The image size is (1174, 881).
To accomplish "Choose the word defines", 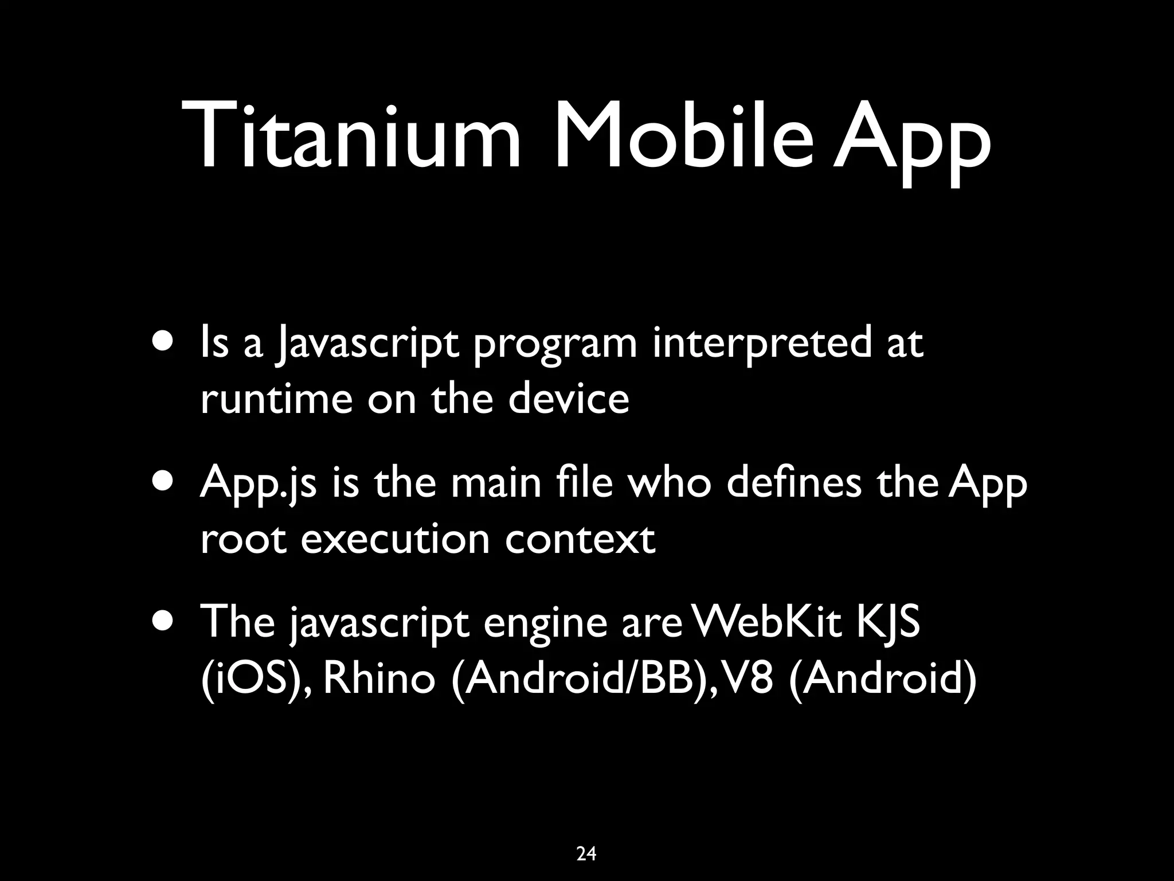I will tap(794, 482).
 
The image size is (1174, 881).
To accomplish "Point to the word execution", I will tap(395, 539).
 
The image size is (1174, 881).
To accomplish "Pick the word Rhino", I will tap(379, 679).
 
